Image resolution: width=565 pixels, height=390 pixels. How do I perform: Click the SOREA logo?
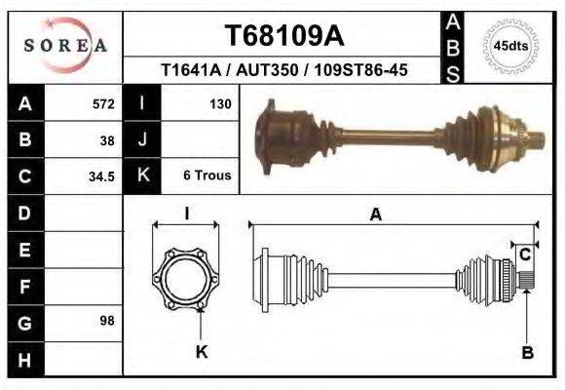(64, 46)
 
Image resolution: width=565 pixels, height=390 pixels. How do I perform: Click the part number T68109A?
(283, 36)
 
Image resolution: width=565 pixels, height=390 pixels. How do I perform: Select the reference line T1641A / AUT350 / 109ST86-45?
(283, 70)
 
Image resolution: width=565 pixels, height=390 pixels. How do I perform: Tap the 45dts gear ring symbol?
(511, 46)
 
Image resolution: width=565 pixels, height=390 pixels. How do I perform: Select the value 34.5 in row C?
(101, 176)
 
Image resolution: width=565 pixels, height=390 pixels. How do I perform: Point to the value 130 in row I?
(219, 103)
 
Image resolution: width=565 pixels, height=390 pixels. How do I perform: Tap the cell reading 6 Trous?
(207, 176)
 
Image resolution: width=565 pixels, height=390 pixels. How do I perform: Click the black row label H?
(24, 359)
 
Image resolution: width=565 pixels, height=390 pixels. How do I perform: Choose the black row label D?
(24, 212)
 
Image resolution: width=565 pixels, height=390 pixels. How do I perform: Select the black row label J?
(142, 139)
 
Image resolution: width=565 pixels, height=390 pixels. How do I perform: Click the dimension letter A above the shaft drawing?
(375, 215)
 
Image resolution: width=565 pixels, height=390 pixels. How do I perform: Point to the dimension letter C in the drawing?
(524, 255)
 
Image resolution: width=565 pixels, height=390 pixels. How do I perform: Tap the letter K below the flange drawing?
(203, 352)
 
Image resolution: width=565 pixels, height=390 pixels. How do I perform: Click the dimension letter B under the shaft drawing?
(527, 352)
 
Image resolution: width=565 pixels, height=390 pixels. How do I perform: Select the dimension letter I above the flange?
(186, 214)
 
